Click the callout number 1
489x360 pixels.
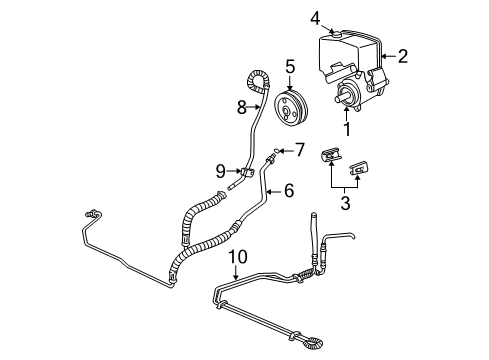click(346, 129)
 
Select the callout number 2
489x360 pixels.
click(402, 57)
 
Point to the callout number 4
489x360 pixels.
click(315, 17)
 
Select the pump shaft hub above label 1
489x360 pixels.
click(346, 96)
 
